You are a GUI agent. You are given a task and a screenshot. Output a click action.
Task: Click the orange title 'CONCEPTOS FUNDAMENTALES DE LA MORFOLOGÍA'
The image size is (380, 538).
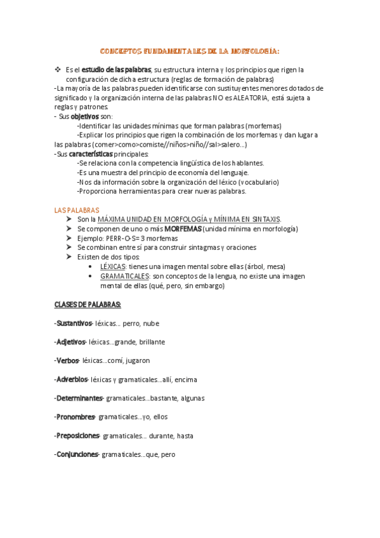[x=190, y=51]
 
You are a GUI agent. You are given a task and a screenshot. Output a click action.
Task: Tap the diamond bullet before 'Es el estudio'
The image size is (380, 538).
[x=58, y=69]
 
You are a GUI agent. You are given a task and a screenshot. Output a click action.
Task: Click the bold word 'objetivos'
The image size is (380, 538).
[x=84, y=117]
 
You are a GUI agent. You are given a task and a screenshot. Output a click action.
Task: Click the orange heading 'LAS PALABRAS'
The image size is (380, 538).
[x=77, y=210]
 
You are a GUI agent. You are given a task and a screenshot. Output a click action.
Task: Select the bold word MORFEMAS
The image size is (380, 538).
[x=183, y=228]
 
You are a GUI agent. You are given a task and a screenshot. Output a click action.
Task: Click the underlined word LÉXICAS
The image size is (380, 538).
[x=112, y=266]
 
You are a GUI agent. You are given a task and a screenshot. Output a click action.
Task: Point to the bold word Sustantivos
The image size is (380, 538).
[x=74, y=324]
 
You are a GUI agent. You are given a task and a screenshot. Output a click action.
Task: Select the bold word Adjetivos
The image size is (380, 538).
[x=71, y=342]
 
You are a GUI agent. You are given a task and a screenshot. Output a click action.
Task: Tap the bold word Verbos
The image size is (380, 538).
[x=67, y=361]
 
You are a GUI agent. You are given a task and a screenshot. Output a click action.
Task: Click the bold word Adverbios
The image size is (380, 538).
[x=72, y=379]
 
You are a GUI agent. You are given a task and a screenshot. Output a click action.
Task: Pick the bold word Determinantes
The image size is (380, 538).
[x=79, y=398]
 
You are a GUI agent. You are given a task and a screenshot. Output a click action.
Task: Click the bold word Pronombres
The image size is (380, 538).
[x=75, y=417]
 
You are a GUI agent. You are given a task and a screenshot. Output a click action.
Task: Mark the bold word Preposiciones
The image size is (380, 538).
[x=78, y=436]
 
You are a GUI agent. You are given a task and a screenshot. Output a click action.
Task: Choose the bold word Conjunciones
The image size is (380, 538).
[x=77, y=454]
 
